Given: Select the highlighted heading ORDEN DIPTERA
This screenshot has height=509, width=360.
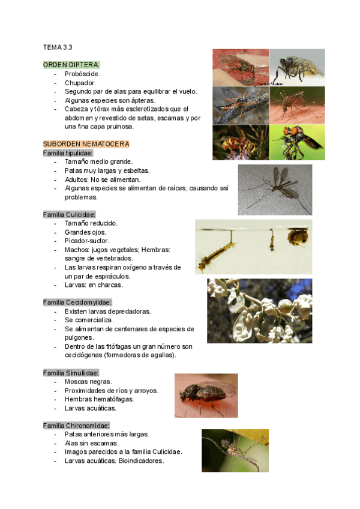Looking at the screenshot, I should pos(71,64).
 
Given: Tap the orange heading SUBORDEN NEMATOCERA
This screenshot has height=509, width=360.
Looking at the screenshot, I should pos(86,144).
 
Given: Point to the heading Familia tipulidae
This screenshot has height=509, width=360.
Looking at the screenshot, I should pos(68,153).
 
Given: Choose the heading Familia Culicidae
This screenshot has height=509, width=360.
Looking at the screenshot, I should pos(70,214).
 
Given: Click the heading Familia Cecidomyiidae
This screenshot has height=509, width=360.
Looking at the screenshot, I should pos(77,303).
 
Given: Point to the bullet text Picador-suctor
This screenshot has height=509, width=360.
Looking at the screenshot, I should pos(86,241).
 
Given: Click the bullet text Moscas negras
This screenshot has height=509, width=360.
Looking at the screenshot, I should pos(88,382).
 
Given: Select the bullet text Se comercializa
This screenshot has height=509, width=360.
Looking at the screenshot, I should pos(89,320).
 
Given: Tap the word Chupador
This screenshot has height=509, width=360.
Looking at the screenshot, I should pos(80,82).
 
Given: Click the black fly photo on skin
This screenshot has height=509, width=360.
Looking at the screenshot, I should pos(206,395).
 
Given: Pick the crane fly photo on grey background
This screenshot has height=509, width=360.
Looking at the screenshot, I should pos(275,189).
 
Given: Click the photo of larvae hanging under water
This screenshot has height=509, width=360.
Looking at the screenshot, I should pos(253,246).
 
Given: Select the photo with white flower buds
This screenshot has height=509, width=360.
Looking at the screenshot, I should pos(251,310).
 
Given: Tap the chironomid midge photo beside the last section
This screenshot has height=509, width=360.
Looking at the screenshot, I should pos(235,450).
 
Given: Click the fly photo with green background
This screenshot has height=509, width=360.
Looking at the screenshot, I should pos(297,142).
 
